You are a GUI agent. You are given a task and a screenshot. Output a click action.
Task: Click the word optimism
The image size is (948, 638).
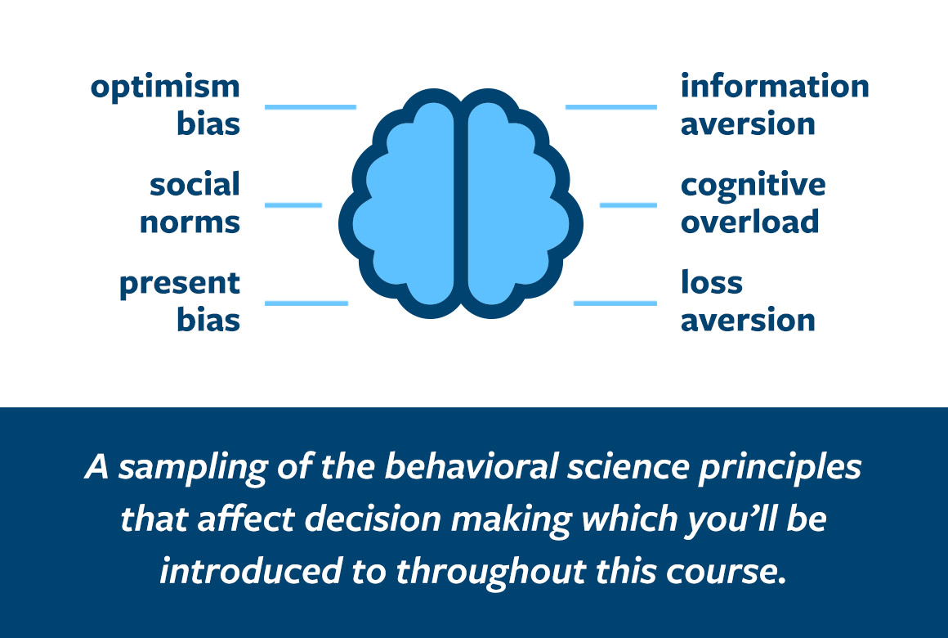point(165,88)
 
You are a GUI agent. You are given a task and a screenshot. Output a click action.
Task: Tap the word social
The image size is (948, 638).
point(195,184)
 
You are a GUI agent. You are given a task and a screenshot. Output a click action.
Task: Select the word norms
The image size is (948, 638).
point(190,222)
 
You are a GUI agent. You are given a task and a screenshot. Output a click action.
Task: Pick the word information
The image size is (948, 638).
point(775,85)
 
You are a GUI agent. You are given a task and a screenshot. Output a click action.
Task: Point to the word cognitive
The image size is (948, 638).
point(753,185)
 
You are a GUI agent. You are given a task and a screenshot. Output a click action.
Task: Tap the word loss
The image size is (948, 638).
point(712,281)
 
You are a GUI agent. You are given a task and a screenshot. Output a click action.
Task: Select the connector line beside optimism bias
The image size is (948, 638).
point(311,107)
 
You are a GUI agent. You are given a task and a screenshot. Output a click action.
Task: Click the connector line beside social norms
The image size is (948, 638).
point(293,205)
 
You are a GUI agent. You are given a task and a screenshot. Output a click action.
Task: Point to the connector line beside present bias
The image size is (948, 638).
point(306,303)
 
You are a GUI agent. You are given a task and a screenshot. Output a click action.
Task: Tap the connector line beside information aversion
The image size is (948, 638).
point(611,107)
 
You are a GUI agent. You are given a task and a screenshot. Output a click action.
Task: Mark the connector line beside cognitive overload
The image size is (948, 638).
point(628,205)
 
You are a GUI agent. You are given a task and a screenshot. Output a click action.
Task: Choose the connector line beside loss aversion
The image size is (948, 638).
point(615,303)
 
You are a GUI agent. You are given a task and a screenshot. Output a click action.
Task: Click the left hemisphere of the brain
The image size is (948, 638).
point(405,206)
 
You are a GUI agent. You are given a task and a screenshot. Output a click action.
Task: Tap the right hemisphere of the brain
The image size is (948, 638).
point(517,206)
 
